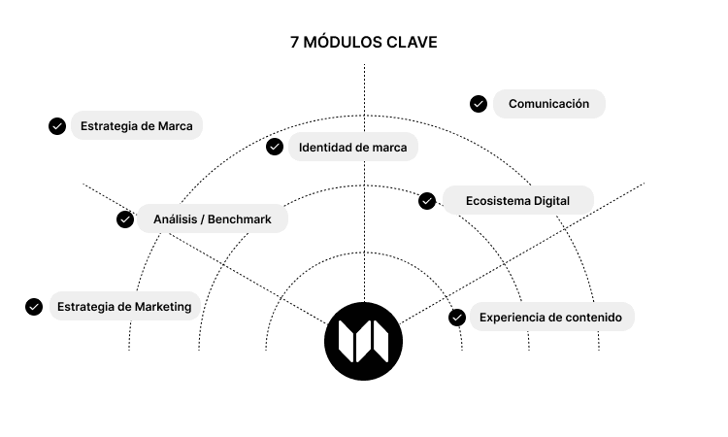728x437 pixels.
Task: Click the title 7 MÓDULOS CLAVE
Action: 364,43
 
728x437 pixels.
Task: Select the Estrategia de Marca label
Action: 136,125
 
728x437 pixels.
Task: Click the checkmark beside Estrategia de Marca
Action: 57,125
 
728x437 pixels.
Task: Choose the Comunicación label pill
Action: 548,104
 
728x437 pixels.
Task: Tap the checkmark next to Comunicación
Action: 479,104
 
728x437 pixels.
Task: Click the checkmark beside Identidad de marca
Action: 275,147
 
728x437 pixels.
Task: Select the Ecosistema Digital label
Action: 516,201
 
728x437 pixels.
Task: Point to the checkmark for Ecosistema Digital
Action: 427,201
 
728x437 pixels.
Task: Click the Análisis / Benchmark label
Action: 212,219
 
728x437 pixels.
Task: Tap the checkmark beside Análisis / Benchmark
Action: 125,219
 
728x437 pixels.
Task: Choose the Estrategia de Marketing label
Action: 123,307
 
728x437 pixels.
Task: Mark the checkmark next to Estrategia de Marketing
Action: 34,307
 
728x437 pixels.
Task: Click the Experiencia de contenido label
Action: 549,317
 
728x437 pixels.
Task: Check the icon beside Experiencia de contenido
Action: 457,317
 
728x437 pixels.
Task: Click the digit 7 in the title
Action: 294,43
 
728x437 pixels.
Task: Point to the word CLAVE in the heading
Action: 413,43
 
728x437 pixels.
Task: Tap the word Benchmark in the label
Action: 239,219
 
